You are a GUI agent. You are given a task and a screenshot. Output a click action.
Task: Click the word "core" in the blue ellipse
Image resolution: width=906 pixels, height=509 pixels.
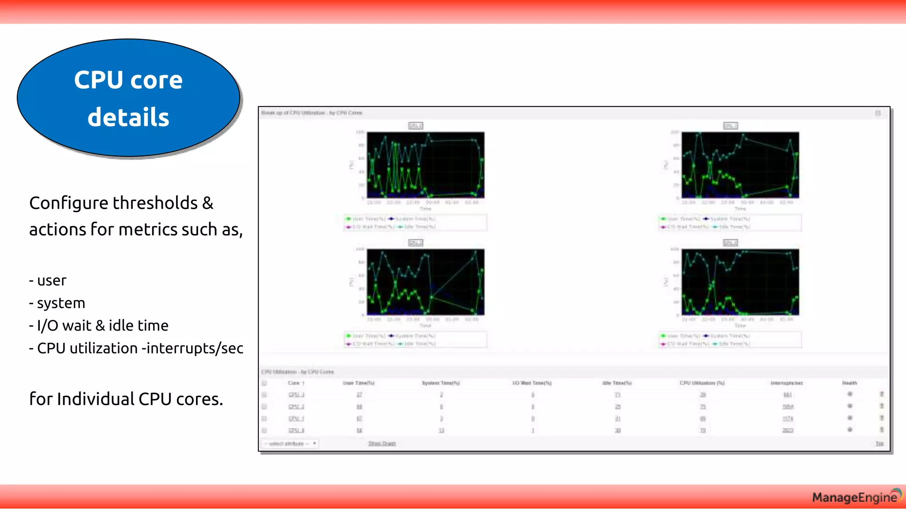(x=157, y=80)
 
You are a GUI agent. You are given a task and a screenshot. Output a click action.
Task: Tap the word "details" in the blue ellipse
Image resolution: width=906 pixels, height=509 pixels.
(x=128, y=118)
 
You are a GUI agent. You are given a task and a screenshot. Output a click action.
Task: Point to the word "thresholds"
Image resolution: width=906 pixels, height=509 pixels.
(x=155, y=203)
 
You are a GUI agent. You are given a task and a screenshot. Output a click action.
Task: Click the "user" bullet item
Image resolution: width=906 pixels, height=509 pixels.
(x=51, y=281)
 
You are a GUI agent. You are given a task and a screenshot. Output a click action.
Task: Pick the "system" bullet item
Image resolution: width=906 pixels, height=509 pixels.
(x=61, y=303)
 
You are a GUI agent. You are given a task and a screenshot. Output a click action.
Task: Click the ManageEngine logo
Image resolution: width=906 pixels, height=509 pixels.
(x=856, y=497)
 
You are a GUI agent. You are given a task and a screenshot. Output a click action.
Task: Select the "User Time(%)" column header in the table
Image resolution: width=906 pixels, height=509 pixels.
(x=358, y=383)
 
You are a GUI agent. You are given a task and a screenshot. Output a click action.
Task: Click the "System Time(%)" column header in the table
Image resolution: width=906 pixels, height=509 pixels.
(x=441, y=383)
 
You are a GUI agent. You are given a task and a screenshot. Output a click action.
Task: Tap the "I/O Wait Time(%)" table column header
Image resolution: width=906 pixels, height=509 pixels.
(x=532, y=383)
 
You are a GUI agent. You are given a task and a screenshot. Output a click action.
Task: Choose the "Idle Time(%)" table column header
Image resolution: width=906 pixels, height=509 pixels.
(x=617, y=383)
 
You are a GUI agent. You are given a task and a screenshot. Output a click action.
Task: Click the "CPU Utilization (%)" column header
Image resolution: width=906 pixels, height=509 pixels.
(x=702, y=383)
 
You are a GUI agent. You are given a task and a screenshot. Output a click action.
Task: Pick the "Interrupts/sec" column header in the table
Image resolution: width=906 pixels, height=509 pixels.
(x=787, y=383)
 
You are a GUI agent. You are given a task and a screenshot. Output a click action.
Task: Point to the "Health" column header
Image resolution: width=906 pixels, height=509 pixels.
(x=849, y=383)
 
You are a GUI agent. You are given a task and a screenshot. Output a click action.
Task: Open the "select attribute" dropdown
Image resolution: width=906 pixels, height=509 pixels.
(x=290, y=444)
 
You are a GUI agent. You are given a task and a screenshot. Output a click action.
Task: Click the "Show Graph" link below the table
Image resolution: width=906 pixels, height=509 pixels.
(x=382, y=444)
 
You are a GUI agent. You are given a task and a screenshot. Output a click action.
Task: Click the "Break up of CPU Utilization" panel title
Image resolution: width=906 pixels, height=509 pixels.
(x=311, y=113)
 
